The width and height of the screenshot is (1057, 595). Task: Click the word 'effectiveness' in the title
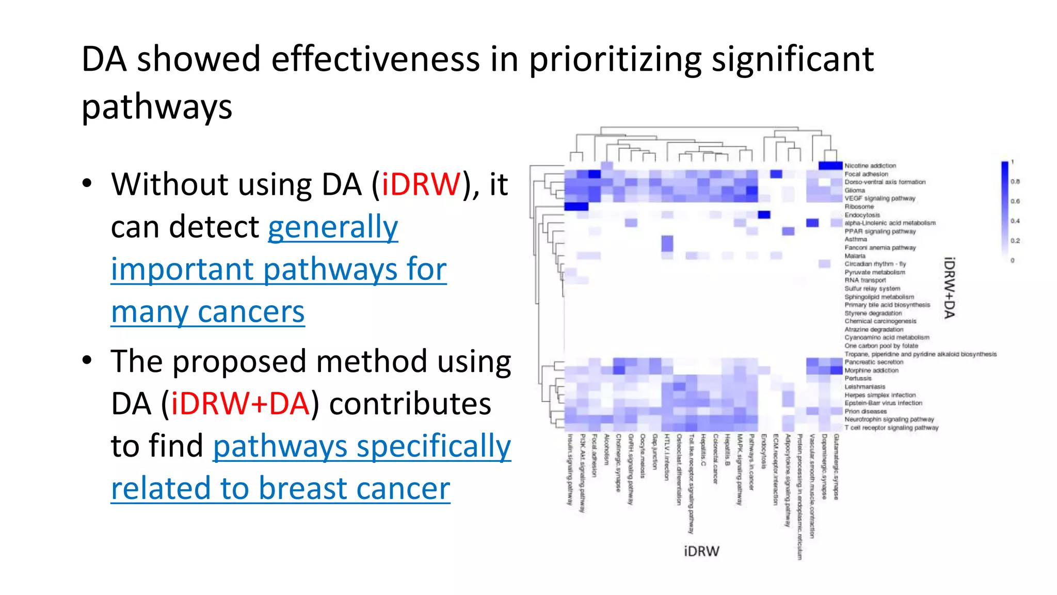375,59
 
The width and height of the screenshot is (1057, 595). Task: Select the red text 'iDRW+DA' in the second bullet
241,404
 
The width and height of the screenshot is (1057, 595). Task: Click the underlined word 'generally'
333,227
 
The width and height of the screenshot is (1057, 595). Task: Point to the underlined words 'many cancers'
207,312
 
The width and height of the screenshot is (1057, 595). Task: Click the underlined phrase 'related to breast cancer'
280,489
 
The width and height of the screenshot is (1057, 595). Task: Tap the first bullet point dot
87,183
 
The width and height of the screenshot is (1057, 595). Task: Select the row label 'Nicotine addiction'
870,166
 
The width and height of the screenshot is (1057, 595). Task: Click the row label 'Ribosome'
859,207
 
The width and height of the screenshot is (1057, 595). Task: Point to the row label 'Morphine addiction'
871,370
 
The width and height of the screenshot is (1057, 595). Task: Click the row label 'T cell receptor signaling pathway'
891,428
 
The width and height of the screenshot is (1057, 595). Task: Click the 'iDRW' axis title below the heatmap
701,551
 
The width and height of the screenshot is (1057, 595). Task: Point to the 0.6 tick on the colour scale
1015,201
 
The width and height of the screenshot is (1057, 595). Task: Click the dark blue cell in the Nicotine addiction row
830,166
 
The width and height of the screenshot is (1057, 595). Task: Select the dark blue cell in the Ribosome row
576,207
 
